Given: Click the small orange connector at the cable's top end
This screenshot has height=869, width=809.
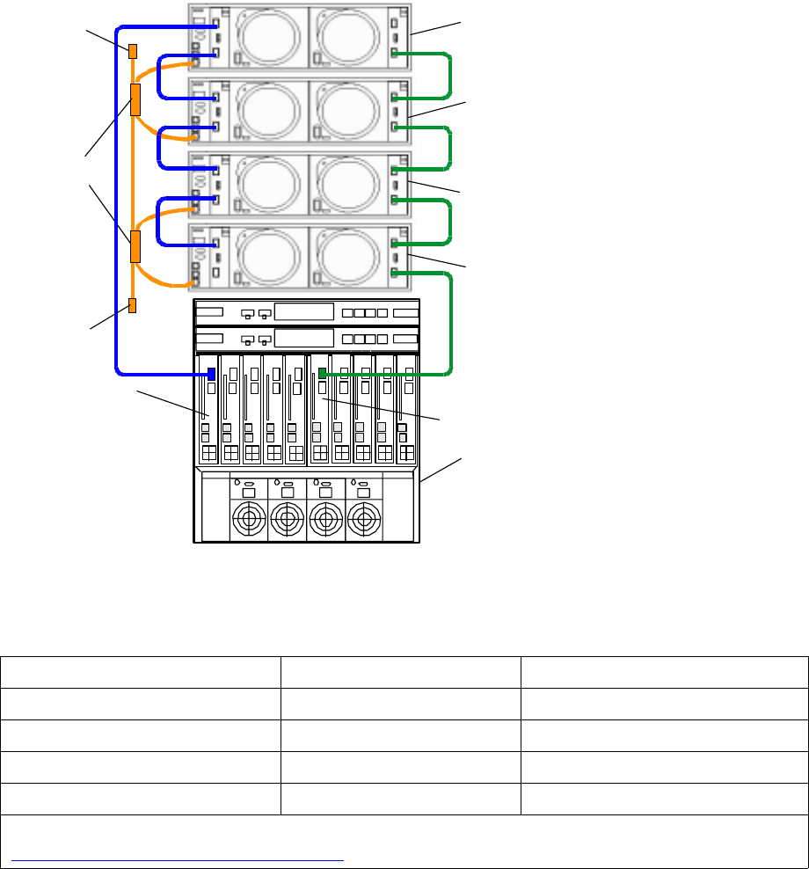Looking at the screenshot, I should (134, 51).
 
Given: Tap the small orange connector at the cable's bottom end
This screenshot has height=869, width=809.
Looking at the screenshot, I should (133, 305).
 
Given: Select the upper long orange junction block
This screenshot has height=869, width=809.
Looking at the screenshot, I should (136, 99).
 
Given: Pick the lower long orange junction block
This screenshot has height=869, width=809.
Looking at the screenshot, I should (135, 247).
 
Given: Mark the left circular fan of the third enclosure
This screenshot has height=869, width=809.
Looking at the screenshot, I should (265, 184).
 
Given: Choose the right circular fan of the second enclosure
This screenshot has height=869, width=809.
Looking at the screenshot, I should (347, 111).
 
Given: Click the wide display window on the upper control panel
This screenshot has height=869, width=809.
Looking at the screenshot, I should (304, 312).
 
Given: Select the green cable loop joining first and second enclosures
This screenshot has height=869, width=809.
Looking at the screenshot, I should (450, 75).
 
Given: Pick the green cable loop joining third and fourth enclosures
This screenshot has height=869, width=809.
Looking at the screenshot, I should (450, 221).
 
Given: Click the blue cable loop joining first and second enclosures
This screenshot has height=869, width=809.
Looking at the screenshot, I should (158, 75).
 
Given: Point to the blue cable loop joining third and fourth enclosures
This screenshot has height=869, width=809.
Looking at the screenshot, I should (158, 221).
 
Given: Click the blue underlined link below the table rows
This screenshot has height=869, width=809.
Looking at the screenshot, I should (176, 861).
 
